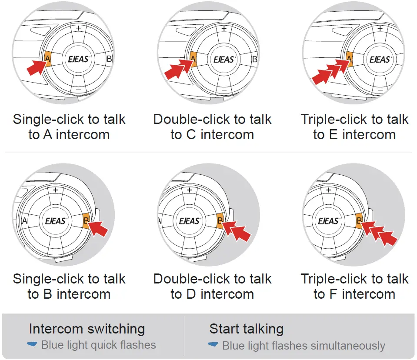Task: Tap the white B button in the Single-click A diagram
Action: tap(109, 59)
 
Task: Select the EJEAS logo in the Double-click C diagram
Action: tap(224, 59)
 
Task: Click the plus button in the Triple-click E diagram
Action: tap(380, 28)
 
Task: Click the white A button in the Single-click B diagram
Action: tap(24, 221)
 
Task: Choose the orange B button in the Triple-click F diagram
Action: tap(360, 221)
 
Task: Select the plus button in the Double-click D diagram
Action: tap(189, 190)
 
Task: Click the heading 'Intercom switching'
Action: tap(87, 329)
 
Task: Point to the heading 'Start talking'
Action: tap(246, 329)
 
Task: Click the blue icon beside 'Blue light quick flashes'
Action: tap(32, 345)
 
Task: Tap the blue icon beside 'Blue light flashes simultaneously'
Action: tap(213, 345)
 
